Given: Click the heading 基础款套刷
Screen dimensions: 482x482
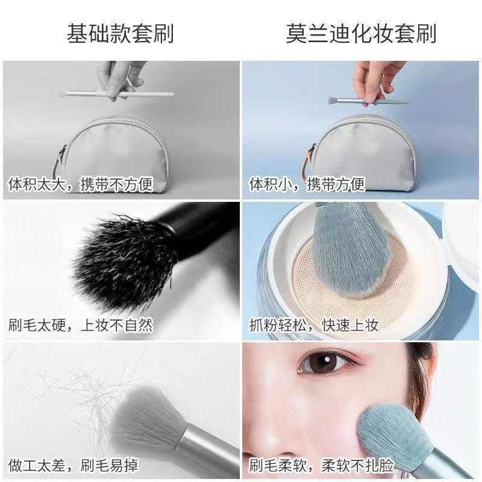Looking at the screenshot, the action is (120, 34).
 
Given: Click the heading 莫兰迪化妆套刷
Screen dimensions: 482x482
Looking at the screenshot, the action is (361, 34).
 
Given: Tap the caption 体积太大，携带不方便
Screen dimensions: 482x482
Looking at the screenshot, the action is (81, 184).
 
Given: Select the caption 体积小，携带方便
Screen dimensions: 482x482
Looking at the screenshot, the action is (307, 184).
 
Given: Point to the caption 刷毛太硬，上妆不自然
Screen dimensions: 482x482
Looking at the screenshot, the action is (81, 325).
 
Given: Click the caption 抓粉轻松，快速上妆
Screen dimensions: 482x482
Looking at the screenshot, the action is (314, 325).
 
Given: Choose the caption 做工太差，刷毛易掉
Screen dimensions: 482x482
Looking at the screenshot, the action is (74, 465).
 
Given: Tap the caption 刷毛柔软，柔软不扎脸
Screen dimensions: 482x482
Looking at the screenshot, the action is (321, 465).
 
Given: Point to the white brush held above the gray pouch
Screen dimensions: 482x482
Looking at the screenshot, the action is (116, 93).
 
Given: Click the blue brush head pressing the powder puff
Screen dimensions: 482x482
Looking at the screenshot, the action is (351, 249).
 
